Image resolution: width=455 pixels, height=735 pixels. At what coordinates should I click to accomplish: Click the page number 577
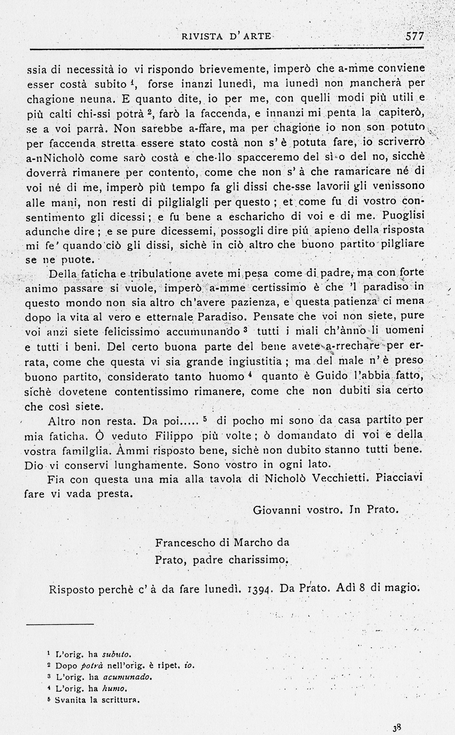click(414, 36)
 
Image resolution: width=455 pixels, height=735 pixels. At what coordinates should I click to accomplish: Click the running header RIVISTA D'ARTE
click(226, 36)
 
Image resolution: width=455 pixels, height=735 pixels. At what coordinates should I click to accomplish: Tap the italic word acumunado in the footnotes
click(126, 677)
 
